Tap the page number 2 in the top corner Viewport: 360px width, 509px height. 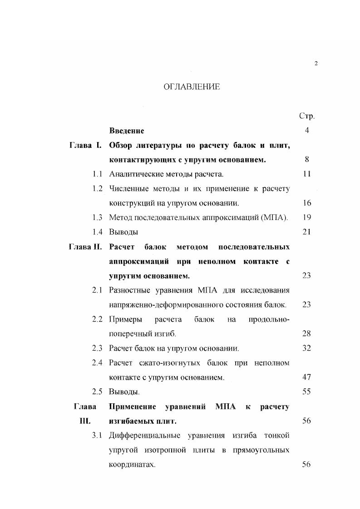pos(316,64)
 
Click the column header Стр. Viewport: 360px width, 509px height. pos(307,116)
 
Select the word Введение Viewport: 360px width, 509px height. pos(127,131)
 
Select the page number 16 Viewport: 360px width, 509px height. pos(306,203)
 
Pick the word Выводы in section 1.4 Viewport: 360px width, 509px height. pos(123,232)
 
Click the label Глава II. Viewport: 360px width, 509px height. pos(85,247)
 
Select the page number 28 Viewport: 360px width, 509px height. pos(306,334)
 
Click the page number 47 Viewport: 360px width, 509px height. pos(306,377)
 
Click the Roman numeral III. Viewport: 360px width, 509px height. pos(85,421)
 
